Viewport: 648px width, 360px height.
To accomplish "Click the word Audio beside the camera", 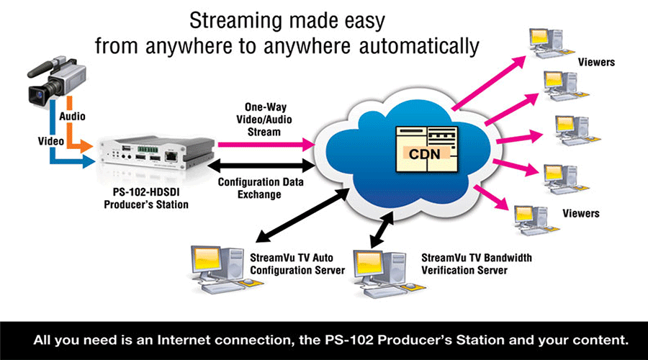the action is tap(72, 117).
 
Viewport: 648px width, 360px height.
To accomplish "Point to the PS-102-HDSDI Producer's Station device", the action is tap(156, 154).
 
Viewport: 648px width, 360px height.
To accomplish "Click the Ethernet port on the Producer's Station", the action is tap(171, 156).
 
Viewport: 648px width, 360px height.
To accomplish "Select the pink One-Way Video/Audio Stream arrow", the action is tap(266, 145).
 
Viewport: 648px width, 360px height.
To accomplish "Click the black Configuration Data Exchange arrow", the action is tap(261, 166).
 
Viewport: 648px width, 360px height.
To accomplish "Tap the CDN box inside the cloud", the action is tap(427, 149).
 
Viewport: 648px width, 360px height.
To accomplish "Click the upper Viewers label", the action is tap(596, 63).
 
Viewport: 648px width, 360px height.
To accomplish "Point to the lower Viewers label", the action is tap(580, 214).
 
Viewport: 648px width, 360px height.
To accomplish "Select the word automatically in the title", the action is tap(419, 46).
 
